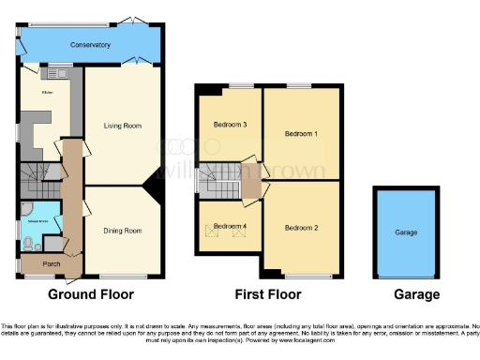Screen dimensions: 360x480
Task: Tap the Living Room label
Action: click(x=122, y=125)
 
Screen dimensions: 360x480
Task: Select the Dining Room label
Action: click(x=122, y=230)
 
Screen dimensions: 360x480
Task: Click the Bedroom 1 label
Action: click(x=302, y=134)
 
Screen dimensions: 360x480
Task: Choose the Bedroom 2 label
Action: click(x=302, y=227)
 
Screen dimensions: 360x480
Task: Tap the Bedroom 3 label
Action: click(x=230, y=125)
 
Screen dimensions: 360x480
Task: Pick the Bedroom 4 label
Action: click(x=230, y=226)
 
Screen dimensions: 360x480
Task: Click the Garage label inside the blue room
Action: click(x=406, y=232)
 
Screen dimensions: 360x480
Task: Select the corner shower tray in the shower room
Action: click(x=25, y=210)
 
